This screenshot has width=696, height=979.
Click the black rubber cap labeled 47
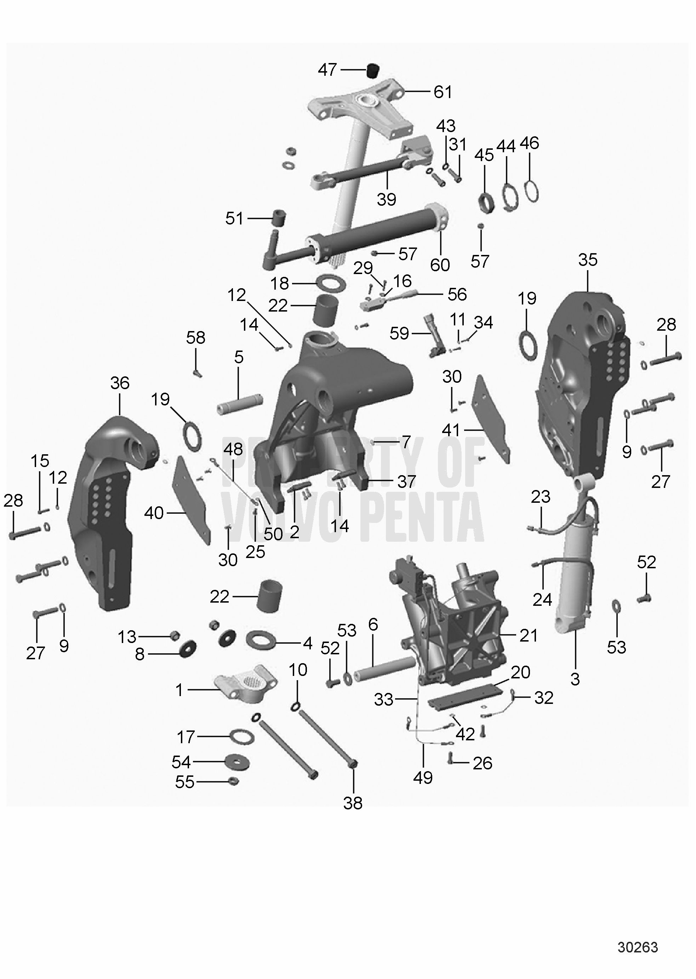(x=373, y=70)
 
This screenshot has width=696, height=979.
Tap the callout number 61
(x=443, y=92)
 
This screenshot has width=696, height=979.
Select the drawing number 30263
(x=637, y=947)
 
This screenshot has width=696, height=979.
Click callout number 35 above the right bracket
(x=588, y=260)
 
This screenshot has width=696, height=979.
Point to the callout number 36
(x=120, y=383)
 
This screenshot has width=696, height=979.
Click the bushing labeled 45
(x=487, y=203)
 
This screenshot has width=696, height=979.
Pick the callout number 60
(x=440, y=265)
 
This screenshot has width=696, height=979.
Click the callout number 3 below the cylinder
(x=575, y=679)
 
